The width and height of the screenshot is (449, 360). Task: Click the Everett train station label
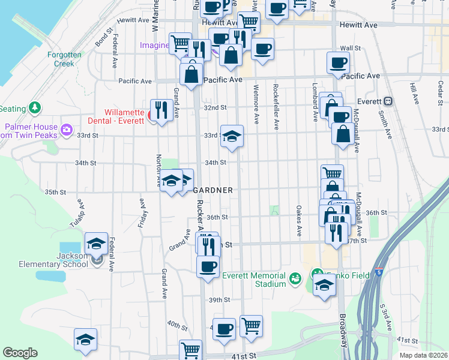pyautogui.click(x=369, y=101)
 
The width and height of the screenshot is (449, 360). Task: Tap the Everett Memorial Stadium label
pyautogui.click(x=255, y=280)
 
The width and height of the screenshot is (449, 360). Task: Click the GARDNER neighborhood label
pyautogui.click(x=212, y=190)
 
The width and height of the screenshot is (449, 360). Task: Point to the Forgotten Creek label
pyautogui.click(x=64, y=59)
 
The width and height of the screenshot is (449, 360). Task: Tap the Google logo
pyautogui.click(x=20, y=353)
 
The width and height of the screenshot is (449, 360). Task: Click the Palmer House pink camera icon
pyautogui.click(x=67, y=129)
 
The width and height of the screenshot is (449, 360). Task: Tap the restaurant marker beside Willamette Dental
pyautogui.click(x=161, y=110)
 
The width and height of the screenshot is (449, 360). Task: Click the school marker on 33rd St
pyautogui.click(x=231, y=136)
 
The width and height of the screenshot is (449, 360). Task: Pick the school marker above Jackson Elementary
pyautogui.click(x=96, y=243)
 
